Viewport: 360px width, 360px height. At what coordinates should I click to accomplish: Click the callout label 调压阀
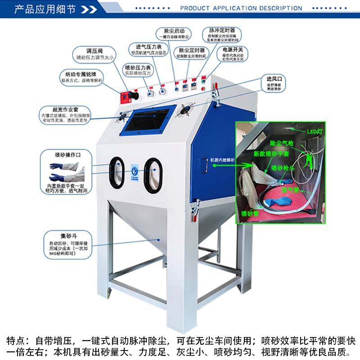(x=95, y=50)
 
